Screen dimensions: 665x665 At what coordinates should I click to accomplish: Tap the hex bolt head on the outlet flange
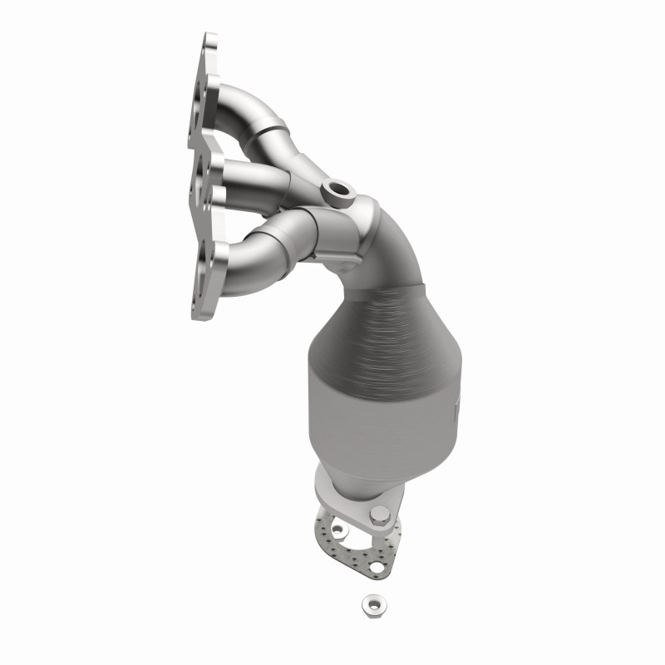381,514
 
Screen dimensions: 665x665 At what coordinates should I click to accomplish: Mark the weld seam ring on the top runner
274,127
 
